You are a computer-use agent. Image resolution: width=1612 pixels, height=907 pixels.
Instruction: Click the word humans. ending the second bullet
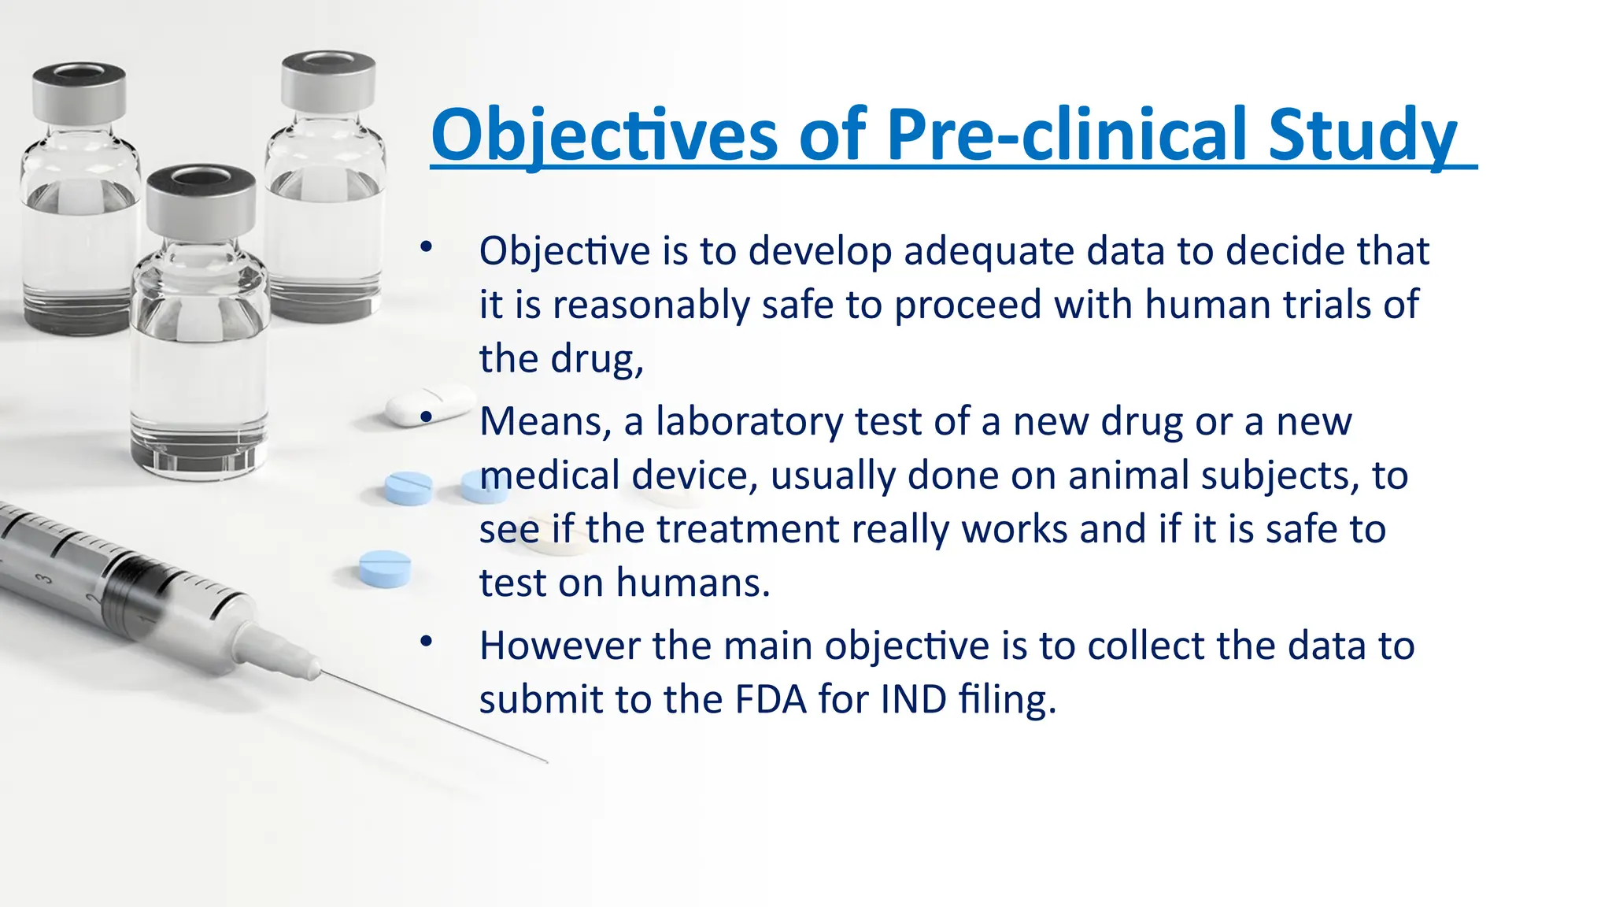click(693, 583)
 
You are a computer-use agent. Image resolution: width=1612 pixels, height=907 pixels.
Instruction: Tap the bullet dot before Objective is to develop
click(426, 247)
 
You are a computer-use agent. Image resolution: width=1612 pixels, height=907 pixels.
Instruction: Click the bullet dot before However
click(426, 642)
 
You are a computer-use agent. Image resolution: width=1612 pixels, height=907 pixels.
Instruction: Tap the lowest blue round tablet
click(385, 568)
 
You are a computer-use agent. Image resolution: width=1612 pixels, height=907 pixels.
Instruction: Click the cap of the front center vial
click(201, 201)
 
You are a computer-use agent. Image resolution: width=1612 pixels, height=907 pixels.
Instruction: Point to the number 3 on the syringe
click(46, 580)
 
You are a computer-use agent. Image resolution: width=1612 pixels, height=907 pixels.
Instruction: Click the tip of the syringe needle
click(545, 761)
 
